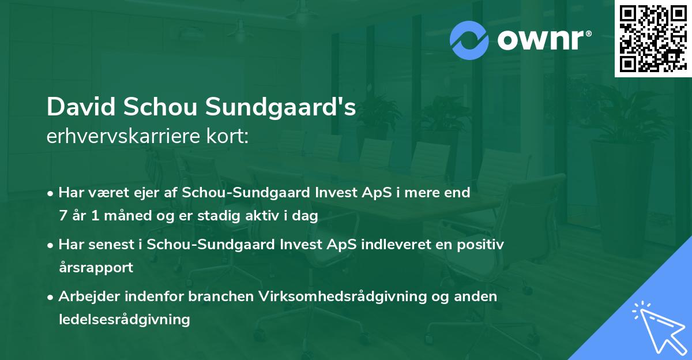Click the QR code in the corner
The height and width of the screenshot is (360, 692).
(652, 38)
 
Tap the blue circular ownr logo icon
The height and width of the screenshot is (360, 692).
(469, 40)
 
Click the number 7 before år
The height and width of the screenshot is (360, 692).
(63, 216)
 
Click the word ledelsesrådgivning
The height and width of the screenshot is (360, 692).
(125, 319)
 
